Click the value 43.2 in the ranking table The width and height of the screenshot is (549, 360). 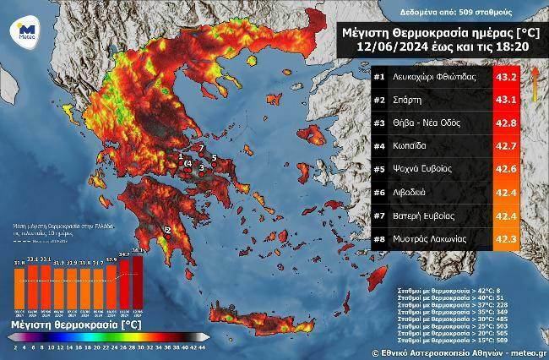pyautogui.click(x=508, y=77)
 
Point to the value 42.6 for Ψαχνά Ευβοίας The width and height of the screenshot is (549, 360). pyautogui.click(x=508, y=168)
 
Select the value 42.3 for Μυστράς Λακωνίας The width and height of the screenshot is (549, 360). pyautogui.click(x=508, y=237)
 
